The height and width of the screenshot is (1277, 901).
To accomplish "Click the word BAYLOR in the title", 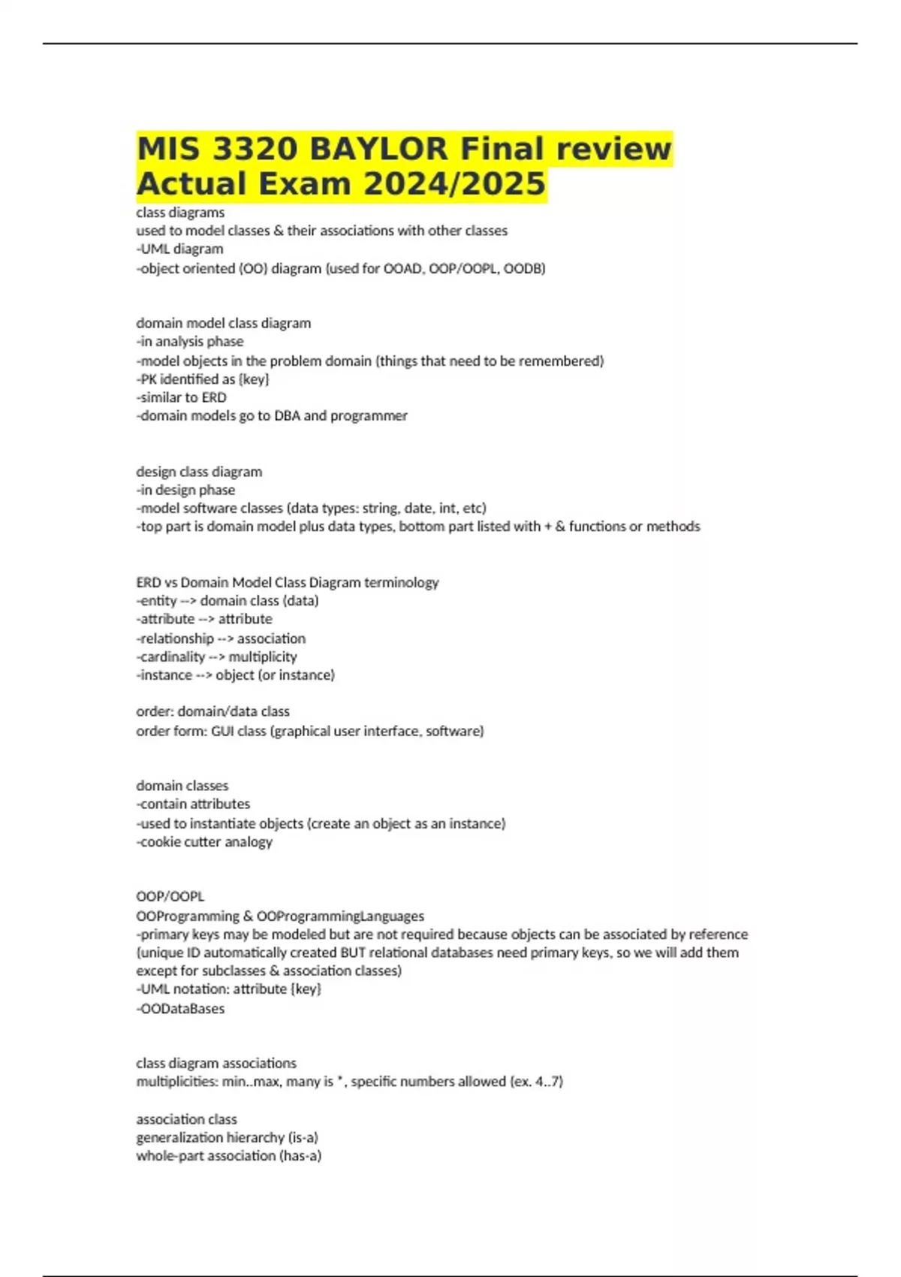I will pos(378,149).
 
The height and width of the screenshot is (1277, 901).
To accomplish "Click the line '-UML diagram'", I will pos(179,249).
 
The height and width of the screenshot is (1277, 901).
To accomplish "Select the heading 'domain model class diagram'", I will pos(223,323).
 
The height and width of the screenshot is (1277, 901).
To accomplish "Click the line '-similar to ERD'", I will pos(181,397).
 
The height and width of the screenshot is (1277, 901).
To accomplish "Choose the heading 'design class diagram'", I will pos(199,472).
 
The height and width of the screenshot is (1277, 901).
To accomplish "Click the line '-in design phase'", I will pos(185,490).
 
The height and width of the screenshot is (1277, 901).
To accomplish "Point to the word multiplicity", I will pos(263,657).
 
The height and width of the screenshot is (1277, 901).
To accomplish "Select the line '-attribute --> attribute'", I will pos(204,619).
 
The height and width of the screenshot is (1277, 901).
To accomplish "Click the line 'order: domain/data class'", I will pos(212,711).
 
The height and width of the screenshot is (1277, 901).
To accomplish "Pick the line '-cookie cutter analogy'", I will pos(204,842).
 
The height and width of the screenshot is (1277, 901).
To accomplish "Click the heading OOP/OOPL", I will pos(170,896).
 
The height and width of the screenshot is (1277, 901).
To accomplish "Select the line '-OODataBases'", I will pos(180,1009).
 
